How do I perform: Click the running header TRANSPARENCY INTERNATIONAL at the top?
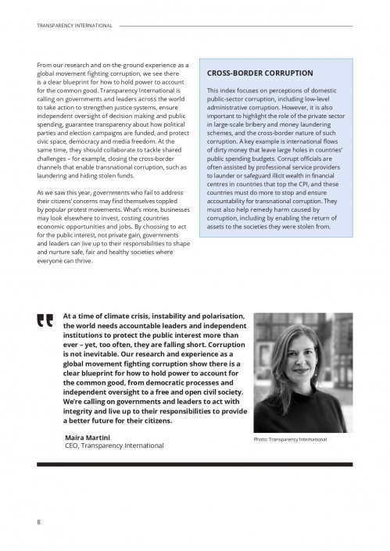(x=75, y=26)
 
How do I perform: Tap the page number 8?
(x=39, y=521)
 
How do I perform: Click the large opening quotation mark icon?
(x=44, y=321)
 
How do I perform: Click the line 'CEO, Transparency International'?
(x=113, y=445)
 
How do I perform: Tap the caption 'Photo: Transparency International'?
(x=290, y=439)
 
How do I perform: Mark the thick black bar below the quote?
(x=195, y=463)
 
